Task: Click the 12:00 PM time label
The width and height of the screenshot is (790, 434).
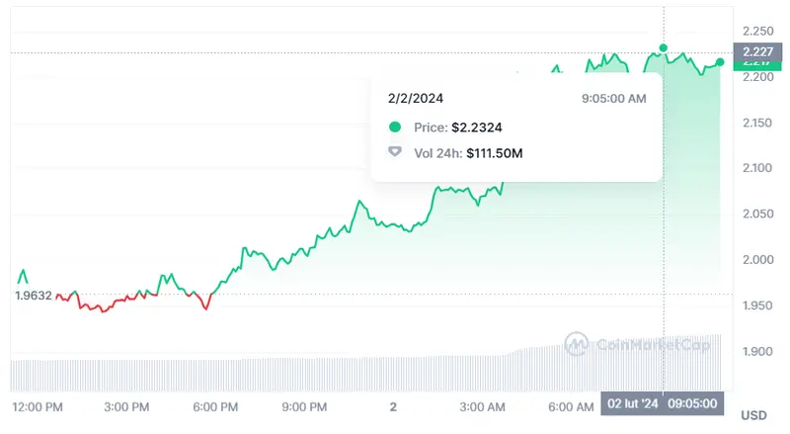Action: click(38, 406)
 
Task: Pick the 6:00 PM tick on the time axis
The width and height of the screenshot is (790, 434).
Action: click(215, 406)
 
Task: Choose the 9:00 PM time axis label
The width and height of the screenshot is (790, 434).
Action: click(304, 406)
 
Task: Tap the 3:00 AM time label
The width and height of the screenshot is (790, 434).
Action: click(483, 406)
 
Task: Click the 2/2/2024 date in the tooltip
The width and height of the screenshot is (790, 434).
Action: click(416, 99)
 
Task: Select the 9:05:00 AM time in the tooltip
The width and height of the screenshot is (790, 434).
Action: click(615, 99)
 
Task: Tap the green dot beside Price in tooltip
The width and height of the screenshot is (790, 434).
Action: click(395, 128)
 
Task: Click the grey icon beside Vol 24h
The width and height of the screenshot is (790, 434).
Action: click(395, 153)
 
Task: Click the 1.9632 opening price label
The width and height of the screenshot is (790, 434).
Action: click(33, 295)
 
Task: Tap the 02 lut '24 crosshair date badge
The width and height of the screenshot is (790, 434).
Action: click(632, 404)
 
